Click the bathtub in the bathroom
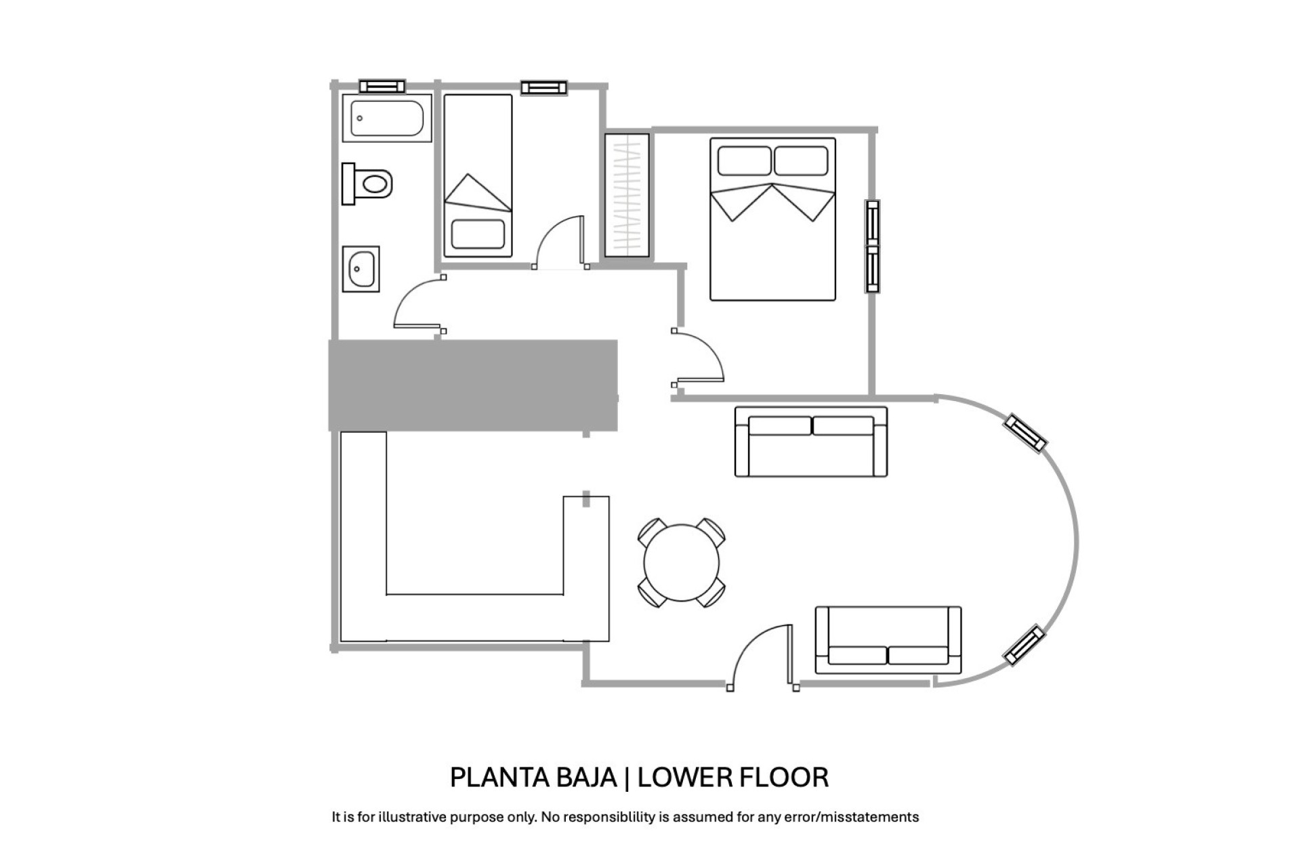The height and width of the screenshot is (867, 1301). click(x=387, y=118)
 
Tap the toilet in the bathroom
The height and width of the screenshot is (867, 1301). click(x=367, y=183)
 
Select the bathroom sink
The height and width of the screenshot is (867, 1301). click(x=360, y=269)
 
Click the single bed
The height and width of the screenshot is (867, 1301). click(x=478, y=176)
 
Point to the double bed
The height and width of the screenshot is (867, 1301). click(x=772, y=219)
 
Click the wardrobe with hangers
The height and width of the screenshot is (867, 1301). click(x=627, y=195)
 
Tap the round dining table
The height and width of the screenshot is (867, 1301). click(x=681, y=563)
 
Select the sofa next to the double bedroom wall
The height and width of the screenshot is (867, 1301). click(x=811, y=442)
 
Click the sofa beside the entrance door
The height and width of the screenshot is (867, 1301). click(x=888, y=640)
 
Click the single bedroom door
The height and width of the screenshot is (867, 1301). click(x=560, y=242)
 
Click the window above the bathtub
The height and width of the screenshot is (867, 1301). click(x=382, y=86)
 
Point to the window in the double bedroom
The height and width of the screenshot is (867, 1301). click(x=872, y=247)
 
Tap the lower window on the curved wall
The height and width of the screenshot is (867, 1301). click(x=1024, y=645)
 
